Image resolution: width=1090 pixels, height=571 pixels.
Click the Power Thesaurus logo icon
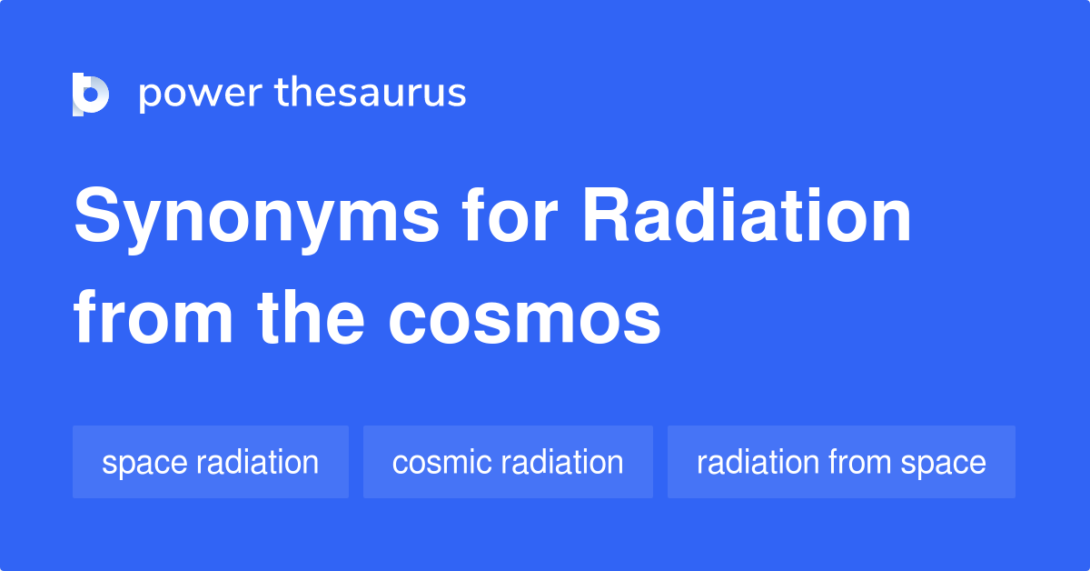[x=91, y=94]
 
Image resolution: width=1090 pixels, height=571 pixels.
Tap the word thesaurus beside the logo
[x=370, y=94]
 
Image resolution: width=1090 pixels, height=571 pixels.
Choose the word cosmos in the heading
[x=525, y=320]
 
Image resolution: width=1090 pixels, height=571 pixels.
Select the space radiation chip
[x=210, y=462]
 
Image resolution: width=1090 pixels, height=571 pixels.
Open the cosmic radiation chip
[x=508, y=462]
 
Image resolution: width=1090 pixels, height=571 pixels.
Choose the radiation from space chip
[x=841, y=462]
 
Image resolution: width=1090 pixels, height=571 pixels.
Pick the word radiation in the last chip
[x=758, y=462]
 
